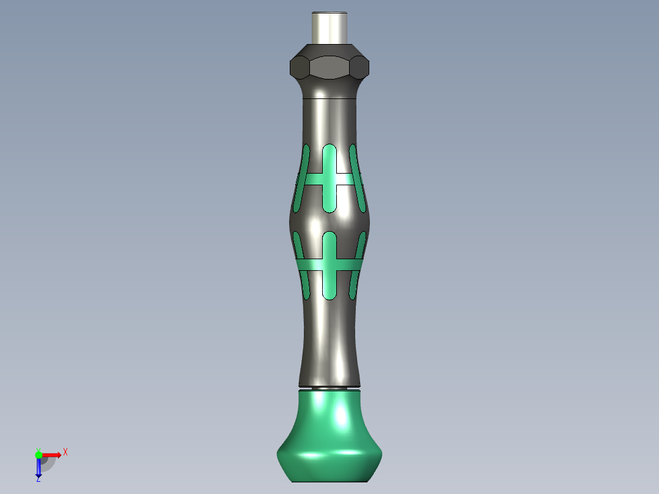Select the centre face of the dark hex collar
click(330, 68)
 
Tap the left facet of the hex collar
click(298, 67)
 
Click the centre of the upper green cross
click(330, 179)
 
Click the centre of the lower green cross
click(330, 265)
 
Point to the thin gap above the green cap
click(330, 388)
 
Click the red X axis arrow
click(53, 454)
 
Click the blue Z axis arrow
click(39, 468)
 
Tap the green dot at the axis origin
click(39, 454)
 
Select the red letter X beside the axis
click(65, 452)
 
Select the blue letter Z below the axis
click(38, 479)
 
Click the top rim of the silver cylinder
click(330, 13)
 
